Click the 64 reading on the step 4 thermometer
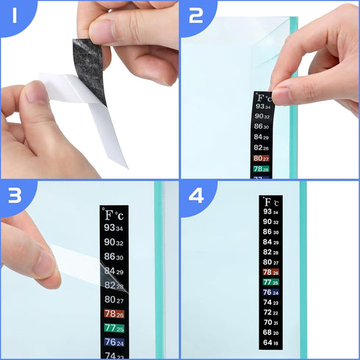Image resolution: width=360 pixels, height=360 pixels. click(x=270, y=342)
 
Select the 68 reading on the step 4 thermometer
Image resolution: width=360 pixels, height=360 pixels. click(x=270, y=332)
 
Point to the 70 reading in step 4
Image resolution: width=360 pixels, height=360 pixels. click(x=270, y=322)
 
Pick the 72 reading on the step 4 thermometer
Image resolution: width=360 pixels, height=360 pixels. click(x=270, y=312)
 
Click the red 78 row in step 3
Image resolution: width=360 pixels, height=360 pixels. click(x=115, y=314)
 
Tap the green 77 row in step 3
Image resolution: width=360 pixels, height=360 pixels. click(x=115, y=328)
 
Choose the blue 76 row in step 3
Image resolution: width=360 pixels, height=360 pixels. click(x=115, y=342)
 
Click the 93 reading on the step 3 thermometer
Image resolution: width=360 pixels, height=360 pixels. click(x=115, y=228)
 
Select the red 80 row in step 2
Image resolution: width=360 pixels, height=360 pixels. click(x=262, y=158)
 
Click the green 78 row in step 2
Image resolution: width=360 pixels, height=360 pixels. click(x=262, y=168)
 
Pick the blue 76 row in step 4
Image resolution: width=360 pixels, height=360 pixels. click(x=270, y=292)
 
